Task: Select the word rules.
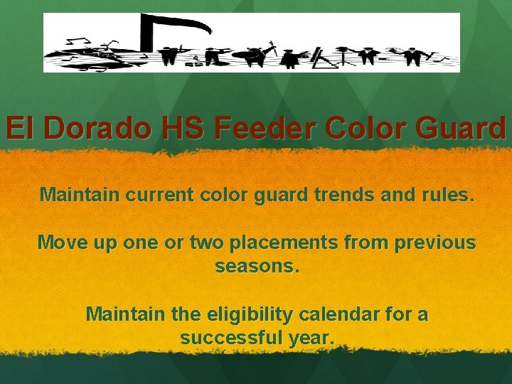[449, 194]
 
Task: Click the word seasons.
[257, 267]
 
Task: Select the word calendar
[358, 314]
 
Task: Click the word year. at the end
[311, 338]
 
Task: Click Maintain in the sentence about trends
[80, 194]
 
